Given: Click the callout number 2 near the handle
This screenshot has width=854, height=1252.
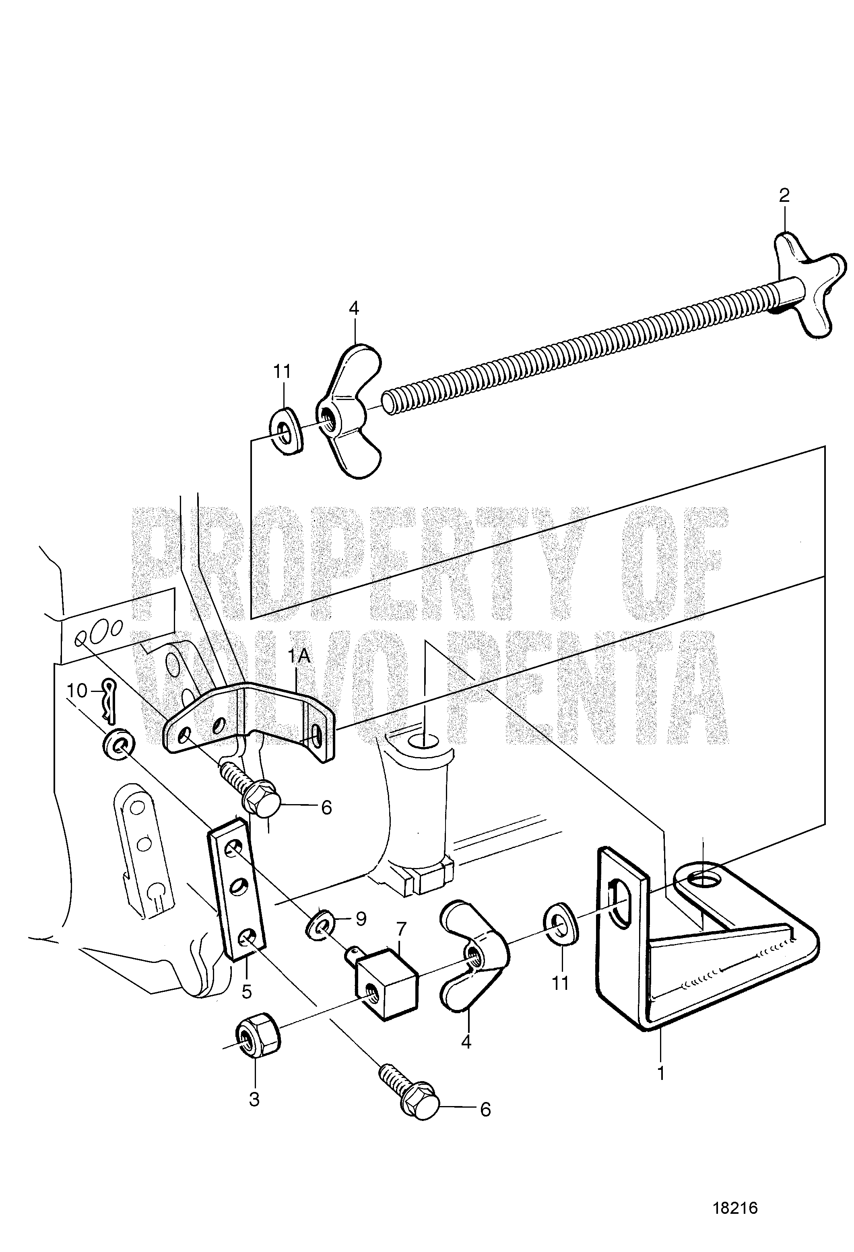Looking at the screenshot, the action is (x=784, y=195).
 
